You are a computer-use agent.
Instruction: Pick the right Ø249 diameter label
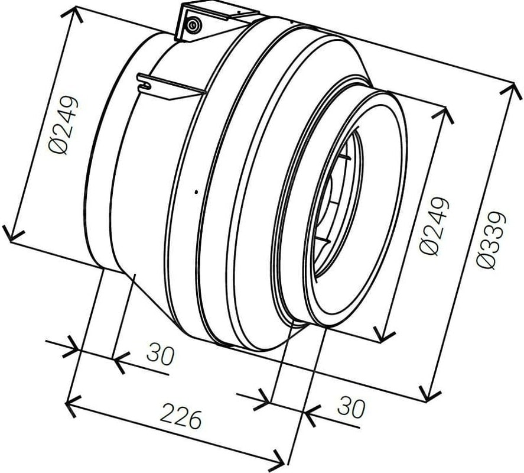click(x=434, y=226)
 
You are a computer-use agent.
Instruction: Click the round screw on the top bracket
click(x=193, y=25)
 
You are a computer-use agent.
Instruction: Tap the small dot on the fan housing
click(x=197, y=192)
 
